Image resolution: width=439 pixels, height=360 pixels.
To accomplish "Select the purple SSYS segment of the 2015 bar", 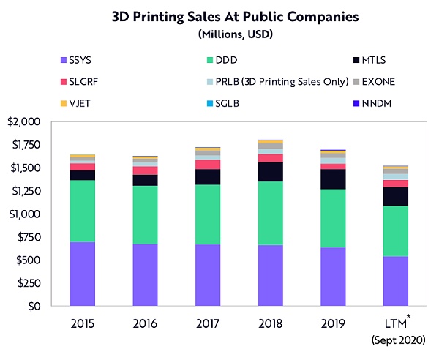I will coord(83,274).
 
